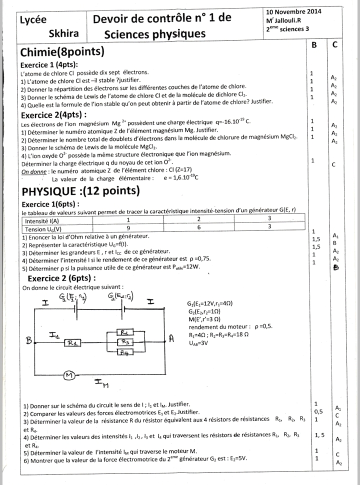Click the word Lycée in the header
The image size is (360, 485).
click(33, 20)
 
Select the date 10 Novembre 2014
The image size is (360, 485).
click(293, 11)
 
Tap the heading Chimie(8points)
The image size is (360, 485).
click(62, 52)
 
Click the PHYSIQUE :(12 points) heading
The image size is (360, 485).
click(80, 191)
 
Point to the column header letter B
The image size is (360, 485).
click(314, 45)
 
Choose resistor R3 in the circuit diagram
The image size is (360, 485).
click(125, 342)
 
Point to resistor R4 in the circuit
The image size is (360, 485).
click(125, 352)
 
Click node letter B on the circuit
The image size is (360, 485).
click(28, 340)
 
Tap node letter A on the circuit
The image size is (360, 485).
click(171, 338)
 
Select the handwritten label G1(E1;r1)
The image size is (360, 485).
click(73, 298)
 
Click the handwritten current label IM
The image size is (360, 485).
click(101, 383)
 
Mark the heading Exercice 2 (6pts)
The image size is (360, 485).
click(61, 278)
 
